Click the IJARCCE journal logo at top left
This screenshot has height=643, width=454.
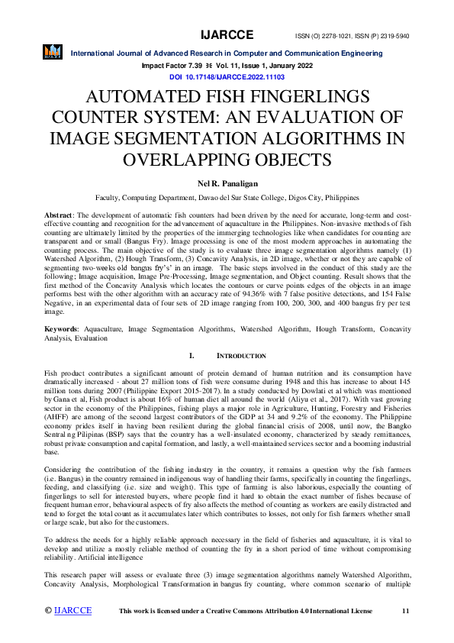tap(53, 53)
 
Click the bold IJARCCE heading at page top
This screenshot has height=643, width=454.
tap(227, 35)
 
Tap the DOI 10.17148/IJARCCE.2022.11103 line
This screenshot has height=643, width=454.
tap(227, 77)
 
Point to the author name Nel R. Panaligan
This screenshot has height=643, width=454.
tap(227, 184)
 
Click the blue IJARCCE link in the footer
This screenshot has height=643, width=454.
tap(73, 611)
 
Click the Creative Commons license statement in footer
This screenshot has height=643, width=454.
tap(246, 612)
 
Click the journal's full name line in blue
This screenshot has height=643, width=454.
tap(227, 53)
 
